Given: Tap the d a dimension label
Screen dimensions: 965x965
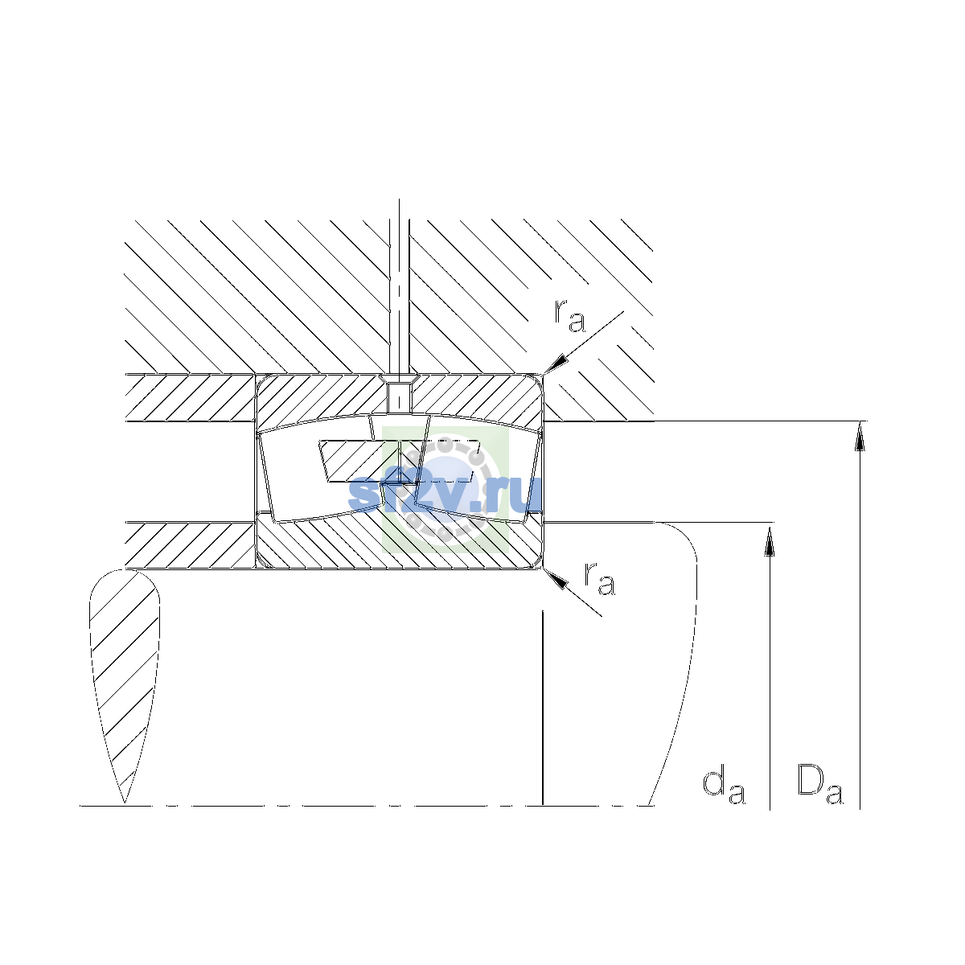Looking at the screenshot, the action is pos(724,787).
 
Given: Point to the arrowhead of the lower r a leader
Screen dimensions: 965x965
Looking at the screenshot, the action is pos(556,578).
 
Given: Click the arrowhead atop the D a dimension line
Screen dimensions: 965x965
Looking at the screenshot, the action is pos(860,435).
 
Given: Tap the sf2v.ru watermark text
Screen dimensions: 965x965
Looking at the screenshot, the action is pos(446,493).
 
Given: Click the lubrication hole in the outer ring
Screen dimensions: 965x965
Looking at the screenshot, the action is pos(399,397).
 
